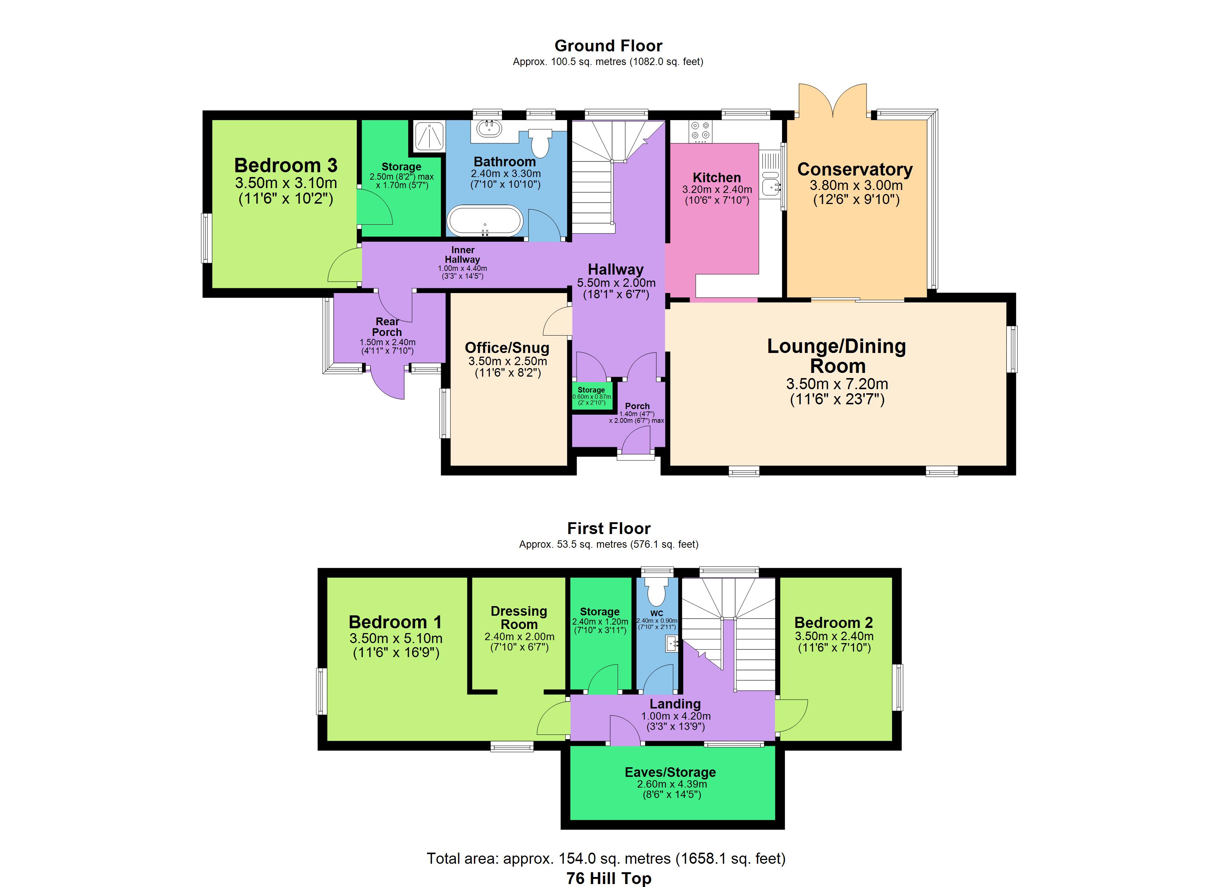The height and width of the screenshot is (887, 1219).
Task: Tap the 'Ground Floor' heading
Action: [608, 46]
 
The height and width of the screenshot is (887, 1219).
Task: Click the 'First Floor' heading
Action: [609, 528]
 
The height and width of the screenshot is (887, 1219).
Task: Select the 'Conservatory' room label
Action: [854, 169]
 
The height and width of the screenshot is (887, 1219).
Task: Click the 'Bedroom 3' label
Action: [286, 165]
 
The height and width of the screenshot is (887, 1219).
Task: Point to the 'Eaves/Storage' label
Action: [670, 772]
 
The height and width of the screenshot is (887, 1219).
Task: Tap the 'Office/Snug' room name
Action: [507, 347]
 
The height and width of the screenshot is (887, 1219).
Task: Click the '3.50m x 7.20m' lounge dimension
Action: [837, 384]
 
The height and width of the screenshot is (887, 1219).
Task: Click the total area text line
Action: [606, 859]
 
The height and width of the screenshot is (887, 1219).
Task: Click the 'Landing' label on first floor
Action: [675, 704]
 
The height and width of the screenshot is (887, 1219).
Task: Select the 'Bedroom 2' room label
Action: [834, 622]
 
